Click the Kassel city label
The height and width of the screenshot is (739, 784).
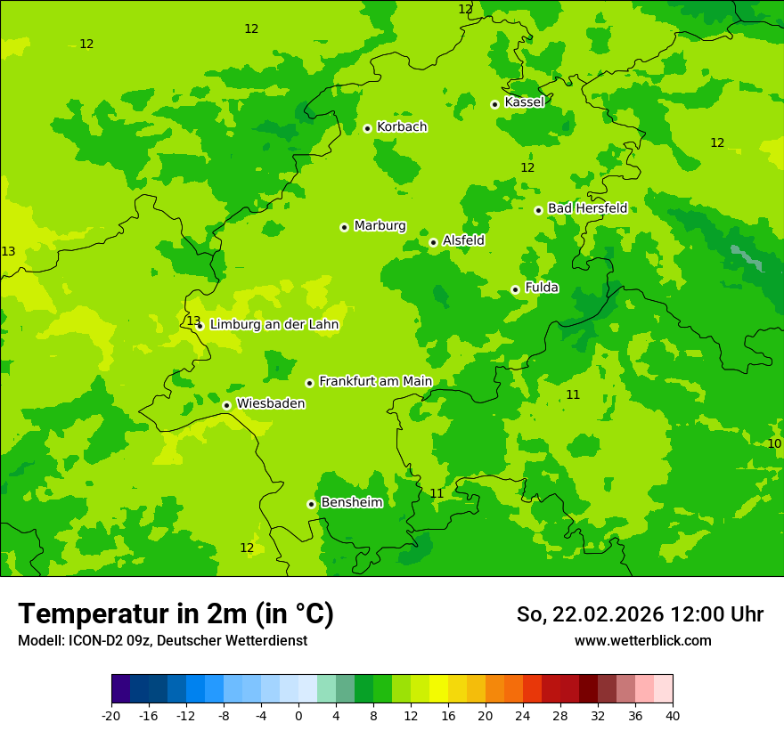(x=524, y=102)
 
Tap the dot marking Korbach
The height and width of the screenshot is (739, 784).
(x=367, y=128)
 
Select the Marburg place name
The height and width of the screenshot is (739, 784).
(x=380, y=226)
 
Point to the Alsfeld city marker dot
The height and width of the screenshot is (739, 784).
(x=433, y=242)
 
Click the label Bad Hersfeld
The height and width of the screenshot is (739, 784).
(x=587, y=208)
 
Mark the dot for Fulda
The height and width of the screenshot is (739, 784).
(x=515, y=289)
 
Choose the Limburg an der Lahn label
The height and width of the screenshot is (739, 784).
(x=274, y=325)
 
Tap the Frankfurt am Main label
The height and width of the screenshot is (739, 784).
(x=375, y=382)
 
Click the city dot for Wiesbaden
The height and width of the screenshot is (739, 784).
(x=227, y=405)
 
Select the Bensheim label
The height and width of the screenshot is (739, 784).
(x=351, y=503)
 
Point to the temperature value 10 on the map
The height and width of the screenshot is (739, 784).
(x=774, y=443)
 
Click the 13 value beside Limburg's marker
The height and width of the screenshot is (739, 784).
(x=193, y=321)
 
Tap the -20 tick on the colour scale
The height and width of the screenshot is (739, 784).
(x=111, y=716)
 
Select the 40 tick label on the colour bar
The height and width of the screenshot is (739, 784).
(x=672, y=716)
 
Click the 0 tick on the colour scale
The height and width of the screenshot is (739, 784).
(x=298, y=716)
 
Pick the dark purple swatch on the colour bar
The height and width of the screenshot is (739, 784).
(x=120, y=689)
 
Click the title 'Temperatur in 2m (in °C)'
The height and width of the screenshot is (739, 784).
(x=176, y=614)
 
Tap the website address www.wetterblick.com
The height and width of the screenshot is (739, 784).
(x=642, y=641)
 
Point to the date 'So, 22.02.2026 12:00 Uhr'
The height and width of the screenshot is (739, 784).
(x=640, y=614)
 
